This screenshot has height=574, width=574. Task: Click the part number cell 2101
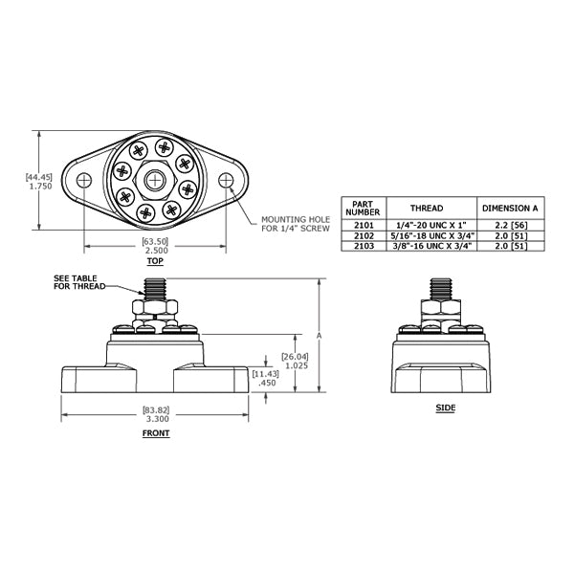click(364, 225)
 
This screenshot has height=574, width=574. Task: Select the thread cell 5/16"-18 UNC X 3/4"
click(431, 235)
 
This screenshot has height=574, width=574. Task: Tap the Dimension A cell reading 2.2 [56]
click(511, 225)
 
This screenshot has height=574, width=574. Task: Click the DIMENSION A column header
click(511, 209)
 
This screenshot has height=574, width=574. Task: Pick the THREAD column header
click(427, 209)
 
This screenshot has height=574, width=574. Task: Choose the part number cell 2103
click(364, 246)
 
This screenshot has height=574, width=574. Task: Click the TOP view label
click(155, 261)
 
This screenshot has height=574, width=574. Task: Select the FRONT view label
click(156, 433)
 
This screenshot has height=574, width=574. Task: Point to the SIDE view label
click(446, 408)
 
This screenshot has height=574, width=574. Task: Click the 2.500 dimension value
click(156, 251)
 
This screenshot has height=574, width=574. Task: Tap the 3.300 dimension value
click(158, 419)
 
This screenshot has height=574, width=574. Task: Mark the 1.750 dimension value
click(40, 187)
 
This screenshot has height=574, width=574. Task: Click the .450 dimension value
click(267, 383)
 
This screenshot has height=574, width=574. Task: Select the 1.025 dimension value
click(297, 365)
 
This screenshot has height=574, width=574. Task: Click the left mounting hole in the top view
click(84, 180)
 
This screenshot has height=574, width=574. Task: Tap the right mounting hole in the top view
click(226, 180)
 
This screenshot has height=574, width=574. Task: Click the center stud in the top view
click(155, 180)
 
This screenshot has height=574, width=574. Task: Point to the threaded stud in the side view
click(440, 289)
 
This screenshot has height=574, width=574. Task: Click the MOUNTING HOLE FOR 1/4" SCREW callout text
click(296, 224)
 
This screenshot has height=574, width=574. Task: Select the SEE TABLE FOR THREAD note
click(79, 282)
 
